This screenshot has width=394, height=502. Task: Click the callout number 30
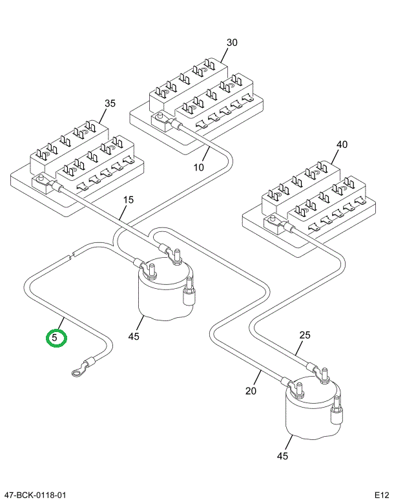pyautogui.click(x=232, y=43)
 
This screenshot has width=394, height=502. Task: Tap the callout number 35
pyautogui.click(x=110, y=103)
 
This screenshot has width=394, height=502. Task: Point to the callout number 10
pyautogui.click(x=198, y=167)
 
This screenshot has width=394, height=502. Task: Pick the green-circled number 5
pyautogui.click(x=56, y=337)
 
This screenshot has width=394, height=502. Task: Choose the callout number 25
pyautogui.click(x=305, y=335)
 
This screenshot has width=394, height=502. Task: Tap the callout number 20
pyautogui.click(x=251, y=390)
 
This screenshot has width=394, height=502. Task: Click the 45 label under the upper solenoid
pyautogui.click(x=134, y=336)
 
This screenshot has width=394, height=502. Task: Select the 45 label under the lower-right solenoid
pyautogui.click(x=282, y=456)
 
